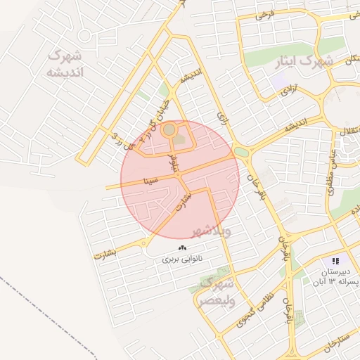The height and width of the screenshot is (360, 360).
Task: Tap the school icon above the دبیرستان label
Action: pyautogui.click(x=336, y=261)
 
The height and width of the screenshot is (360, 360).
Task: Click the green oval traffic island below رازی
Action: pyautogui.click(x=241, y=152)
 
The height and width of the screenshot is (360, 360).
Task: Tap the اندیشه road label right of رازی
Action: pyautogui.click(x=295, y=127)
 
